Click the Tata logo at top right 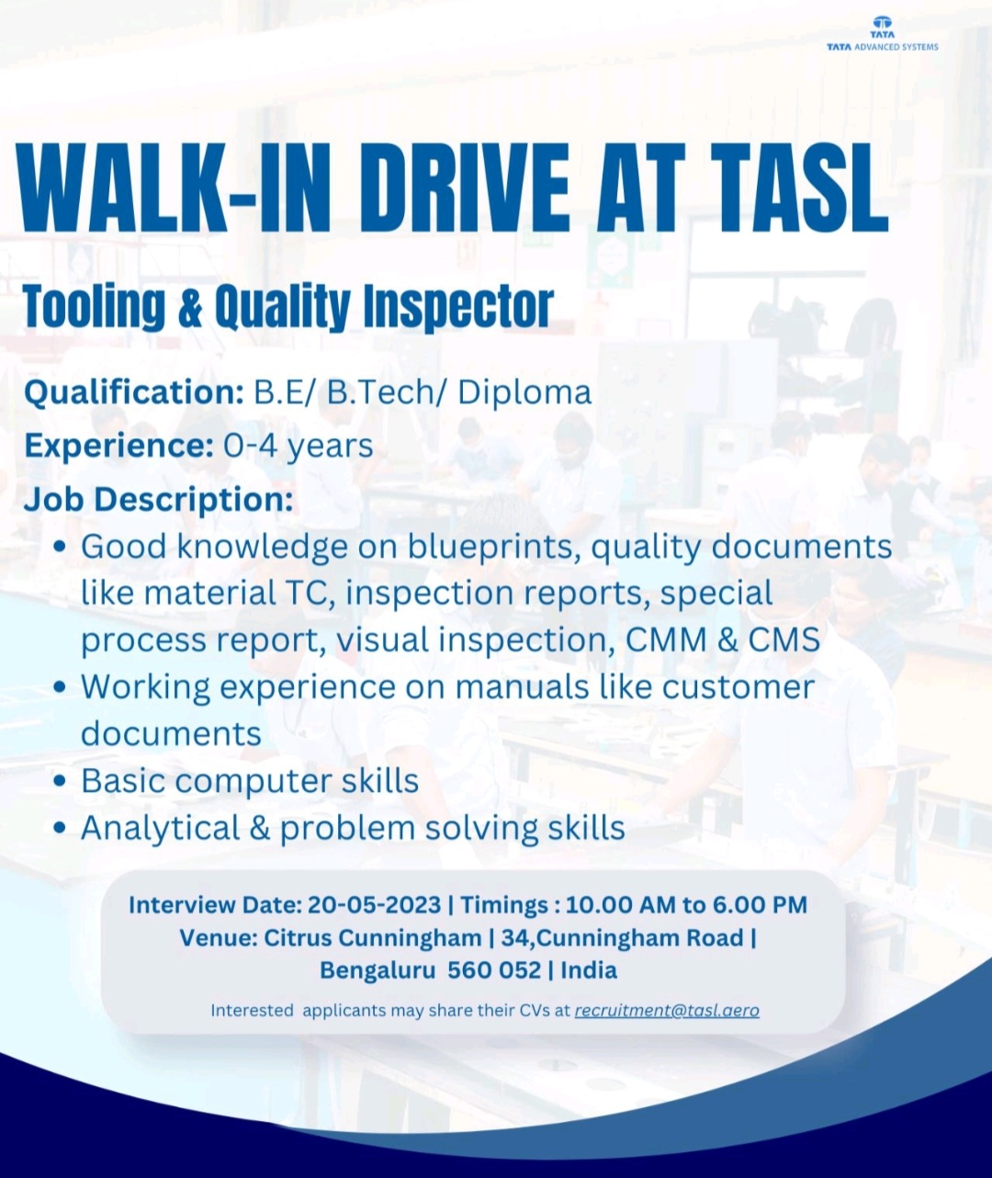[x=882, y=28]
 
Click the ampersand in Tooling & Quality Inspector [x=190, y=307]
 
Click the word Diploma [x=524, y=392]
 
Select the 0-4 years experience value [x=299, y=446]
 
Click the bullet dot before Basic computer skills [x=60, y=782]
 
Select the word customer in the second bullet [x=738, y=686]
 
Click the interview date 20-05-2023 [x=375, y=905]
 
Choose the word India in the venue [x=589, y=970]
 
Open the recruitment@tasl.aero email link [x=667, y=1011]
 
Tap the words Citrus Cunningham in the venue [x=373, y=938]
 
